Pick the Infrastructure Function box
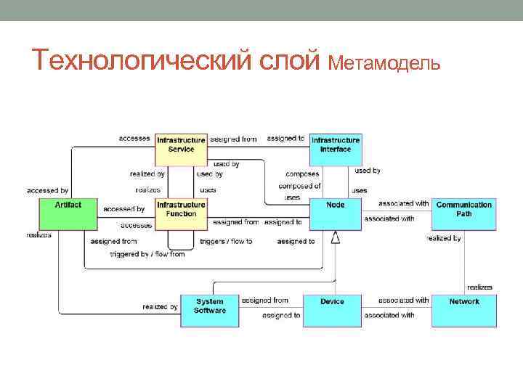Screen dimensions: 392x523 click(181, 213)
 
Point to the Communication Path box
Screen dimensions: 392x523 click(463, 213)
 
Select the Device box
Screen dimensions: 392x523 click(332, 309)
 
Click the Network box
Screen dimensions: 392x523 click(463, 309)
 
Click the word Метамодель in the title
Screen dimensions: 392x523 click(384, 63)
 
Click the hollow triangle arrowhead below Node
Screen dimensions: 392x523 click(335, 237)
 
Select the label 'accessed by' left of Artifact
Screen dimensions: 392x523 click(48, 190)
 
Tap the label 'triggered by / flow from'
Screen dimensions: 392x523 click(147, 255)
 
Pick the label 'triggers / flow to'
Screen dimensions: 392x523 click(226, 241)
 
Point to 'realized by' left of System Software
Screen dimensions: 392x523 click(160, 307)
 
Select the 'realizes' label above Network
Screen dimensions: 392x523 click(479, 287)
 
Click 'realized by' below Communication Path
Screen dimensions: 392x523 click(444, 238)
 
